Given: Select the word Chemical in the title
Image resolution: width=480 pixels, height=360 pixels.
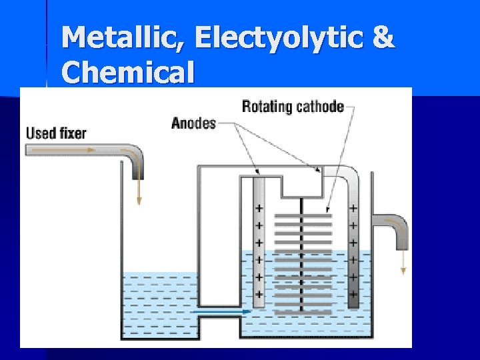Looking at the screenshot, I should click(x=128, y=71).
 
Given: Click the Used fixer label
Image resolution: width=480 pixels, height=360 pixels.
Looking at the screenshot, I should click(x=56, y=133).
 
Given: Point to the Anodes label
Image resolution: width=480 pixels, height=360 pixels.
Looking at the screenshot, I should click(x=193, y=123).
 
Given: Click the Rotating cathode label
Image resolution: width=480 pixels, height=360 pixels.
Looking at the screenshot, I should click(x=293, y=106).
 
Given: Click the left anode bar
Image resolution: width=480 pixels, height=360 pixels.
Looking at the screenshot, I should click(x=259, y=240).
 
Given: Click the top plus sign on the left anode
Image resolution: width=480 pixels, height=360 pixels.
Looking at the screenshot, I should click(x=259, y=209).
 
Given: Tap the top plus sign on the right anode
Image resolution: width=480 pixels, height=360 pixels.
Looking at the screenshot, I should click(x=353, y=209).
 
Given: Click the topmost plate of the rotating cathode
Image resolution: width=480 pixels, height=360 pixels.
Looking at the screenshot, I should click(x=303, y=216).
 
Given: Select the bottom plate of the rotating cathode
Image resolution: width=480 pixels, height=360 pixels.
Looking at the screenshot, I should click(x=303, y=312).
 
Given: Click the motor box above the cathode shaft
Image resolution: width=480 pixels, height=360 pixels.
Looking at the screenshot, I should click(x=302, y=183).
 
